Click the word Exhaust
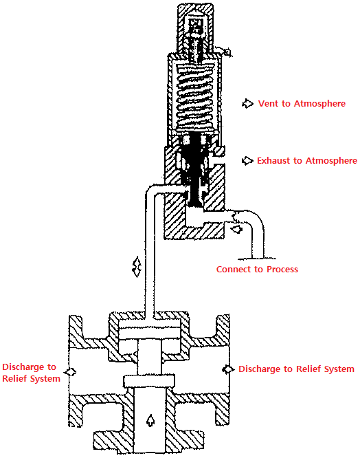pos(273,161)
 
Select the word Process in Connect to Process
pos(282,269)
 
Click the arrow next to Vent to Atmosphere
pos(247,103)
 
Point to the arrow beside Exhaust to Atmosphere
pos(247,161)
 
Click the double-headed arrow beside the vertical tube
pos(137,267)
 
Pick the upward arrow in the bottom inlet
pos(150,420)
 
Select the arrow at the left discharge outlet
pos(71,372)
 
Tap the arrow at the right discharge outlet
pos(228,369)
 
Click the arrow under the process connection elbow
pos(237,229)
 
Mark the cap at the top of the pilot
pos(196,29)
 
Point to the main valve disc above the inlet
pos(149,381)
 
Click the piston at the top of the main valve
pos(149,333)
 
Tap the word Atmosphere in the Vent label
pos(319,103)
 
